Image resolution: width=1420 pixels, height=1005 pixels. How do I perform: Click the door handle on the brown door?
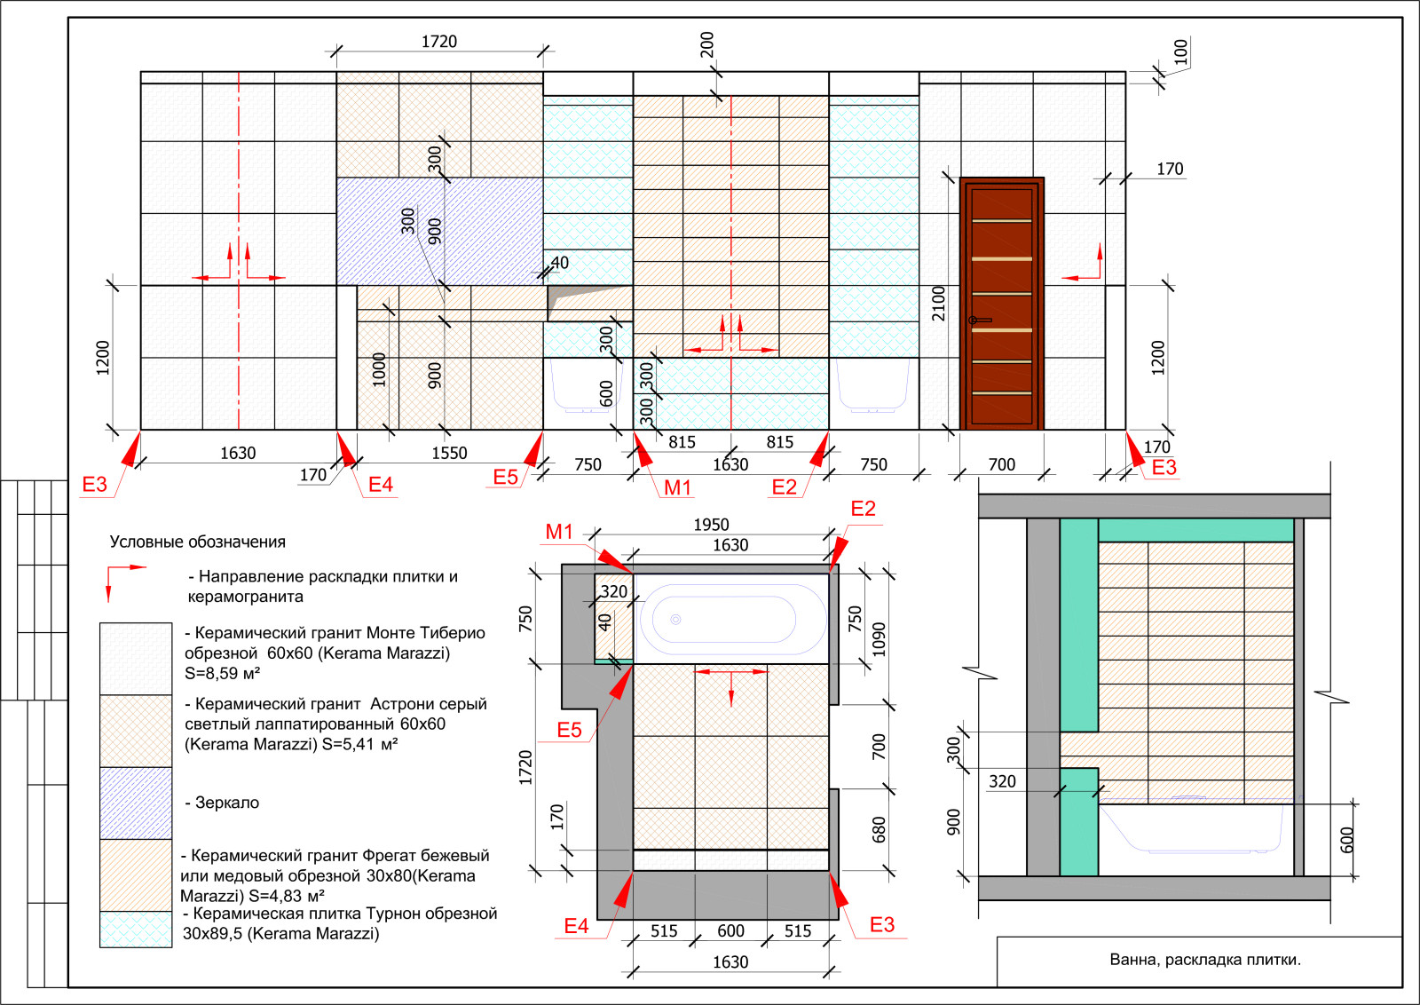point(980,320)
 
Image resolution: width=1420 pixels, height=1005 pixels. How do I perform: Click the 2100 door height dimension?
point(938,304)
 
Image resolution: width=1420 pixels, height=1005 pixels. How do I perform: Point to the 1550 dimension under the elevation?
point(449,454)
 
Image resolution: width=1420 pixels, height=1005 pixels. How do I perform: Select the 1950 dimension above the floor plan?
point(711,525)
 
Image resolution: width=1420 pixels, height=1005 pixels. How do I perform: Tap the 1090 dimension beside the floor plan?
point(879,640)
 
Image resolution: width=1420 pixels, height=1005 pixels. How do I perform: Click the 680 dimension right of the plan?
point(879,829)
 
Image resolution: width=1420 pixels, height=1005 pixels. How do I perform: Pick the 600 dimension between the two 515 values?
point(731,930)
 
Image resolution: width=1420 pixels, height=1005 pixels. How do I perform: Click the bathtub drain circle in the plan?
point(675,620)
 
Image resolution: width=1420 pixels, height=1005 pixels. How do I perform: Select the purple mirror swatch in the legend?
point(136,803)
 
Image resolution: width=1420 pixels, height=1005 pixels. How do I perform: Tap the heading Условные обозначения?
point(198,542)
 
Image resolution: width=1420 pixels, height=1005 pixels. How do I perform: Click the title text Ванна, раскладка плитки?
point(1205,960)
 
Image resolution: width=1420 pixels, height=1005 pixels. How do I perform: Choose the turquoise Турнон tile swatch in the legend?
point(136,930)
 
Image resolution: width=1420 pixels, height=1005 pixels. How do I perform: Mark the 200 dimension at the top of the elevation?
point(706,44)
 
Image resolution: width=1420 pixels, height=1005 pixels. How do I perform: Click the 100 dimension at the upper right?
point(1180,51)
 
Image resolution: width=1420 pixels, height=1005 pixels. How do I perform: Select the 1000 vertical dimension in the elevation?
point(379,370)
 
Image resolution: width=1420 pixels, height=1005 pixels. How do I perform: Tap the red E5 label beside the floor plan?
point(569,730)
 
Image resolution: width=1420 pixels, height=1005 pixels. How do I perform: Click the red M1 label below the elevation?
point(677,487)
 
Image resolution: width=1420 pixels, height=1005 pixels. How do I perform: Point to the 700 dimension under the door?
point(1002,465)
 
